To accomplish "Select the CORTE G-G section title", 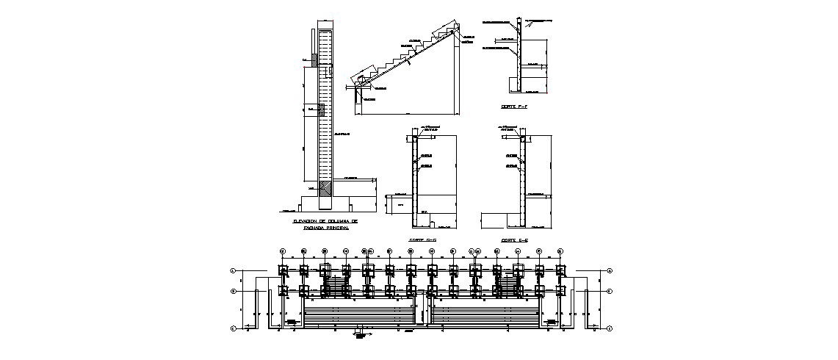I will point(422,240).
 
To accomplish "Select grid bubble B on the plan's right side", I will point(610,290).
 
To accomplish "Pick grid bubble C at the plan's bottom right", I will point(610,328).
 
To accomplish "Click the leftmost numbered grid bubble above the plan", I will point(282,251).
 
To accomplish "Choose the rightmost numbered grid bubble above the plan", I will point(560,251).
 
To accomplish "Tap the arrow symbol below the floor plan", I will point(360,336).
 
